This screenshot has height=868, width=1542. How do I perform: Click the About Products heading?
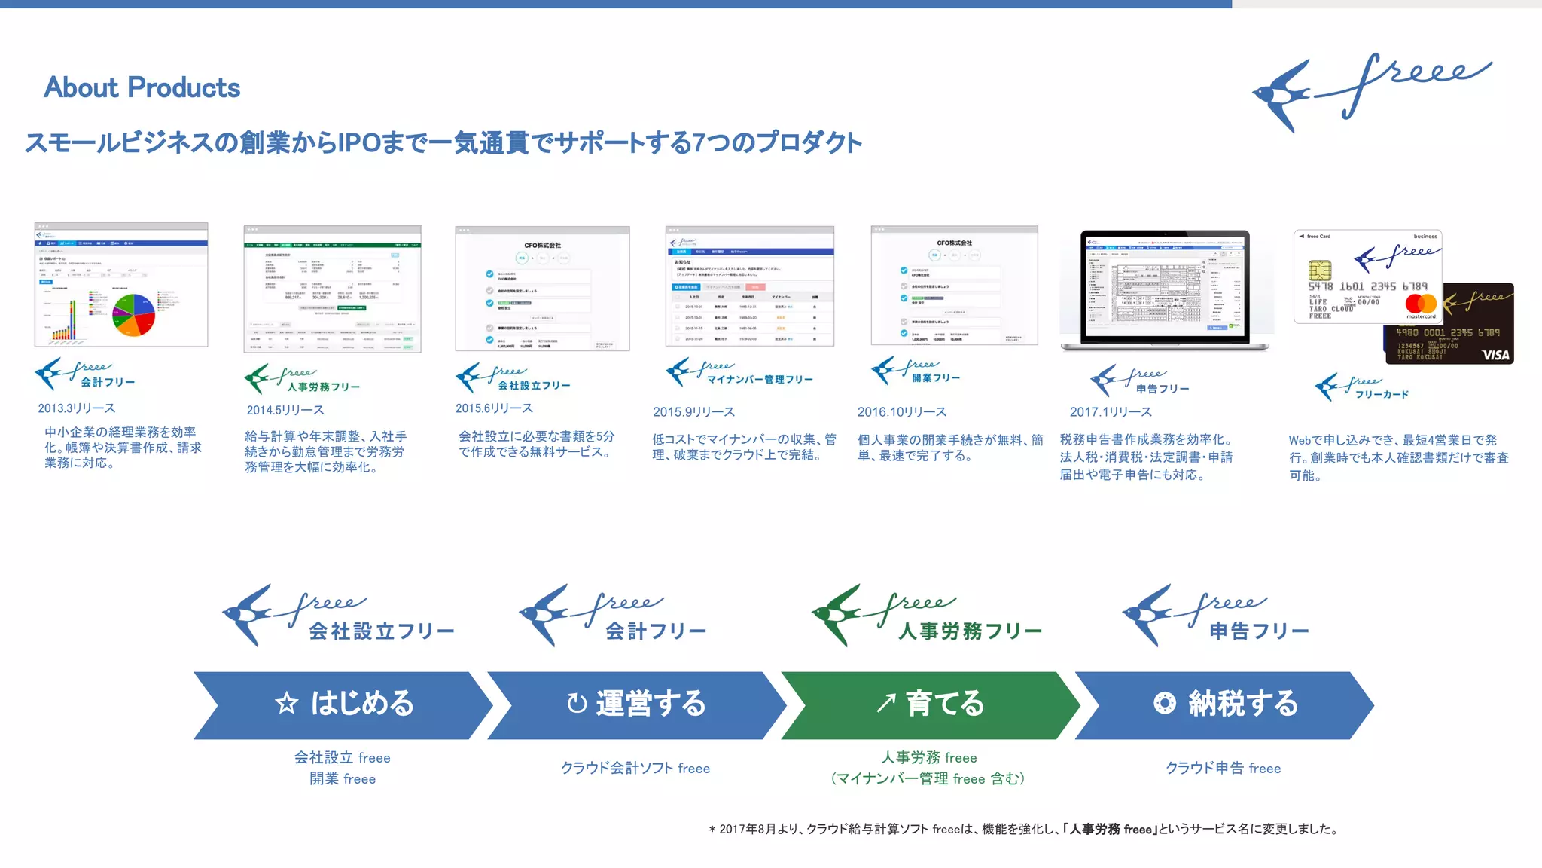click(142, 88)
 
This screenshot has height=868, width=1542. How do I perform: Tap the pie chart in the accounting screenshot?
click(133, 315)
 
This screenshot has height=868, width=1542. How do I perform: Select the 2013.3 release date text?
click(77, 408)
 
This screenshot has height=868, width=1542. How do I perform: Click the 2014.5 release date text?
click(285, 411)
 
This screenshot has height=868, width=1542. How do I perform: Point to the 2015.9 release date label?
click(693, 412)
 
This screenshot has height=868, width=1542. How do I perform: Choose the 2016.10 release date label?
click(901, 412)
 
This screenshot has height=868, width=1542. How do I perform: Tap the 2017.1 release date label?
click(1111, 412)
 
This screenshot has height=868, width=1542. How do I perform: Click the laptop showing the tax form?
click(1165, 290)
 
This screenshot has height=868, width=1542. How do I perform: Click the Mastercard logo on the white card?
click(1421, 304)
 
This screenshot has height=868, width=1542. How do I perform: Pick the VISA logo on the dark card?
click(1495, 355)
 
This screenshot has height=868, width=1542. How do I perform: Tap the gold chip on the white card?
click(1320, 270)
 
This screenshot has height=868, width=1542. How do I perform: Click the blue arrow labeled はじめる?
click(343, 704)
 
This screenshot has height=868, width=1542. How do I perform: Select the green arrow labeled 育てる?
click(930, 704)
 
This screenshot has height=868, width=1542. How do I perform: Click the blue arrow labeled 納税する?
click(1224, 704)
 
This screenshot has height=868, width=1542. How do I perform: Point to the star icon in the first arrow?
click(286, 704)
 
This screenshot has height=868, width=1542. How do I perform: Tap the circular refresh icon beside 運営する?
click(577, 704)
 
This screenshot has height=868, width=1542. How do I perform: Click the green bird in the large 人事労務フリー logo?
click(837, 614)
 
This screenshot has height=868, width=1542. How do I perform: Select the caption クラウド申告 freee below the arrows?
click(1223, 769)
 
